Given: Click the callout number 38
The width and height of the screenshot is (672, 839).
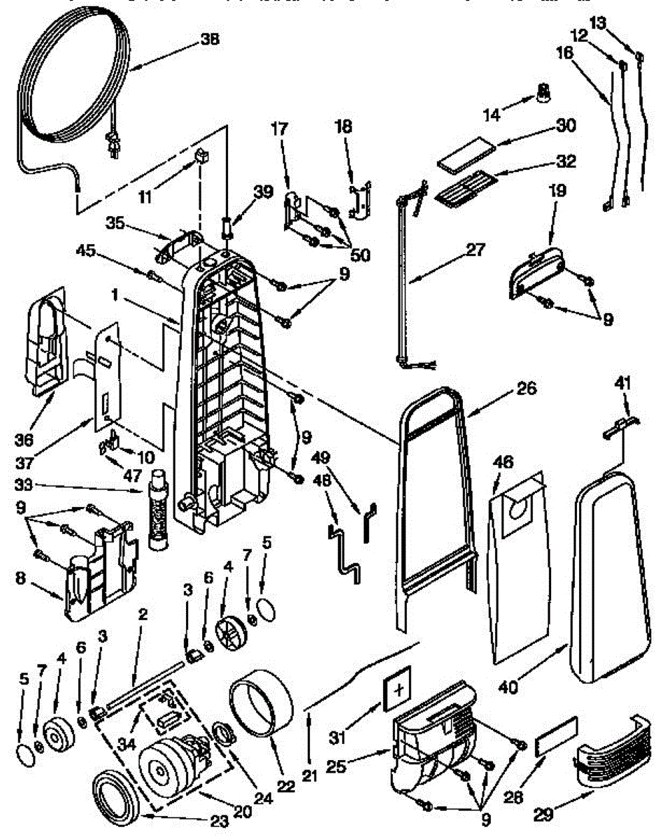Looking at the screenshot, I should pyautogui.click(x=209, y=40).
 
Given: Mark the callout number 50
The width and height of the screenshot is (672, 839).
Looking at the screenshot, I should pyautogui.click(x=360, y=255).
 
